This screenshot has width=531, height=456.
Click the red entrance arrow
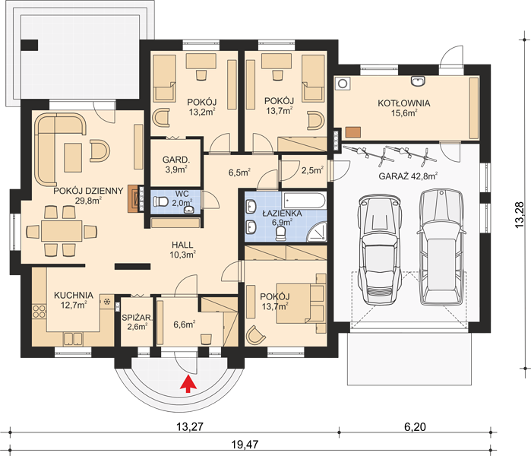point(188,383)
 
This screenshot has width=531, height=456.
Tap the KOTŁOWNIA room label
point(404,103)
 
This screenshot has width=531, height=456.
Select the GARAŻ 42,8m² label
point(408,176)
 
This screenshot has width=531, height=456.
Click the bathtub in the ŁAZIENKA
point(304,201)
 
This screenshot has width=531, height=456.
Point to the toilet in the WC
point(160,202)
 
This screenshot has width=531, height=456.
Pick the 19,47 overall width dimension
point(245,444)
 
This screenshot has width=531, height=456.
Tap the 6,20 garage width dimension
point(415,426)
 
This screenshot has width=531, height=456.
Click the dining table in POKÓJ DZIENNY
point(62,231)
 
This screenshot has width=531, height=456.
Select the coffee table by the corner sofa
point(73,157)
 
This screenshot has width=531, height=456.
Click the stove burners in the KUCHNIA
point(39,312)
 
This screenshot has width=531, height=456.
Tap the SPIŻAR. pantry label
point(137,318)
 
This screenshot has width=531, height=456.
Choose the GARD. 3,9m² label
point(175,164)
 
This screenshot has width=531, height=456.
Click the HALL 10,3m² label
point(182,250)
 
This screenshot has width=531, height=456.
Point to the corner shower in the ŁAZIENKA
point(318,231)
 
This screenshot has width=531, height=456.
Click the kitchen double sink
point(73,339)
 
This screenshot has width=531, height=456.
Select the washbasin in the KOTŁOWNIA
point(419,81)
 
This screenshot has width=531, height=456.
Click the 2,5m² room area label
point(312,170)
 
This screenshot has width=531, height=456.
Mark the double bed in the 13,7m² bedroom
point(300,303)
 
